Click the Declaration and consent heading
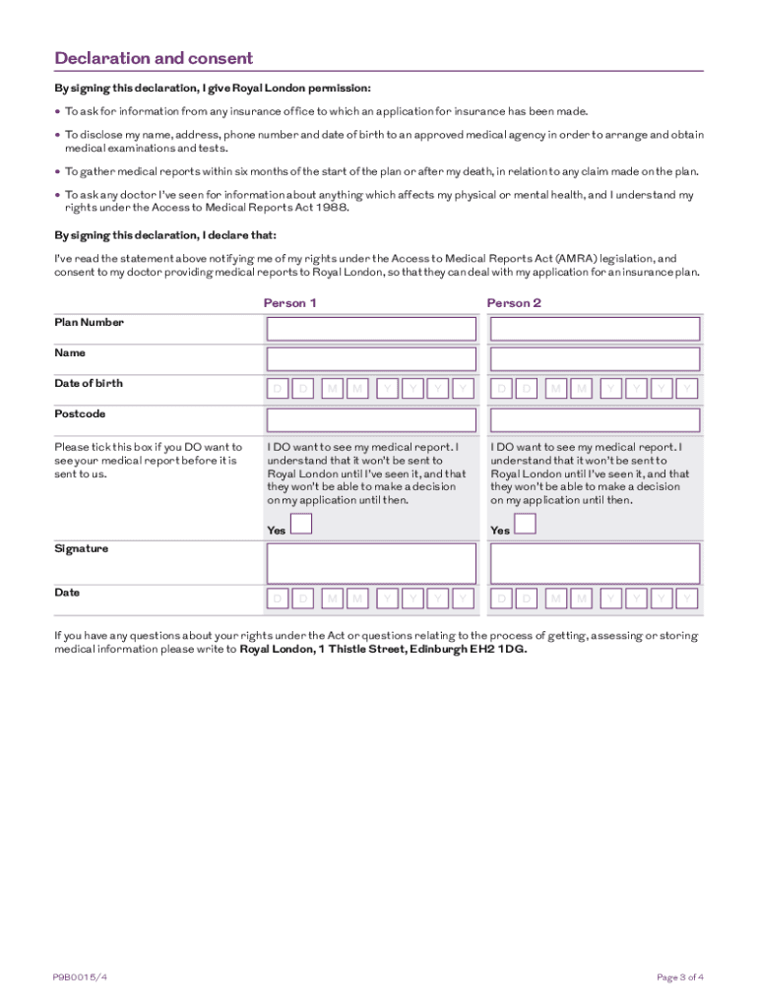point(154,58)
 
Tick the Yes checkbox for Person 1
point(302,523)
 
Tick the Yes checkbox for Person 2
point(526,523)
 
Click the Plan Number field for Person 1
point(371,329)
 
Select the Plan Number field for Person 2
point(595,329)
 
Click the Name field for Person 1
point(371,358)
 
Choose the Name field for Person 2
point(595,358)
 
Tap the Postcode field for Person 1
point(371,420)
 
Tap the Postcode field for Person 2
point(595,420)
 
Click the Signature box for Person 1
point(371,564)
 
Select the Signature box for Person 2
point(595,564)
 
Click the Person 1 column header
point(289,303)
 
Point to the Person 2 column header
point(514,303)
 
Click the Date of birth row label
point(89,383)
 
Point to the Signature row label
point(81,548)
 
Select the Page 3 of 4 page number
point(679,977)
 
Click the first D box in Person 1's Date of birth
point(278,390)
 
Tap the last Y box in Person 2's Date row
point(688,598)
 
